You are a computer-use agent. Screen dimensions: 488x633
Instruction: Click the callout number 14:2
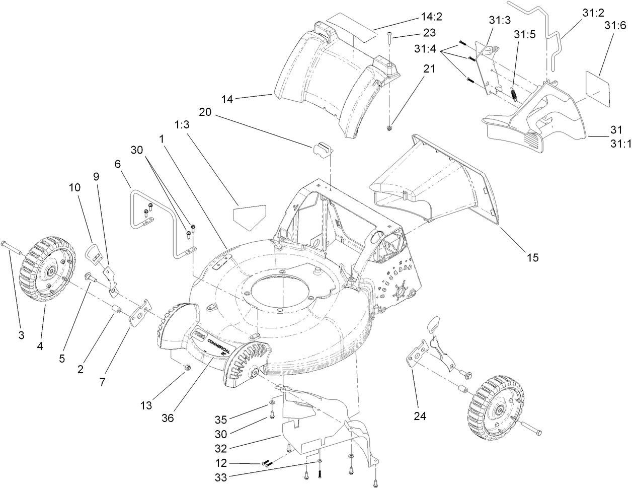pyautogui.click(x=431, y=18)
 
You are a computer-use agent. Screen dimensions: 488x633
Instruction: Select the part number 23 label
pyautogui.click(x=430, y=33)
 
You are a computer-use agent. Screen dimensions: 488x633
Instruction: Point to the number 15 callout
pyautogui.click(x=533, y=257)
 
